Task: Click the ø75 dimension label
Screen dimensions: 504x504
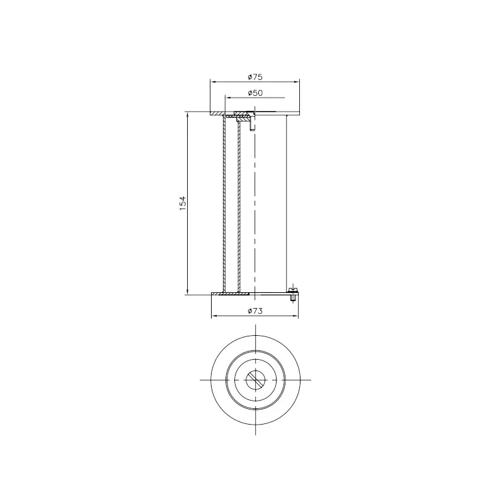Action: pyautogui.click(x=255, y=77)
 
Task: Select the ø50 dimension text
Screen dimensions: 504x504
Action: pyautogui.click(x=255, y=93)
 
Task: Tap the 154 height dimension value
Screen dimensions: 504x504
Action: pyautogui.click(x=183, y=203)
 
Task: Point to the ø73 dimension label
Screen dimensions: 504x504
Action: pyautogui.click(x=255, y=311)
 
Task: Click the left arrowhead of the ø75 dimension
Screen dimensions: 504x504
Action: pyautogui.click(x=212, y=82)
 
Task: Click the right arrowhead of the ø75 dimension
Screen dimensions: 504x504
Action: pyautogui.click(x=297, y=82)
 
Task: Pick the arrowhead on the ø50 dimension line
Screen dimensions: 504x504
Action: pyautogui.click(x=228, y=98)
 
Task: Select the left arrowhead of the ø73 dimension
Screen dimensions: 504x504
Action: pyautogui.click(x=214, y=316)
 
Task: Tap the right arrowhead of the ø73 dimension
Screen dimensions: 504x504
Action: pyautogui.click(x=295, y=316)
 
